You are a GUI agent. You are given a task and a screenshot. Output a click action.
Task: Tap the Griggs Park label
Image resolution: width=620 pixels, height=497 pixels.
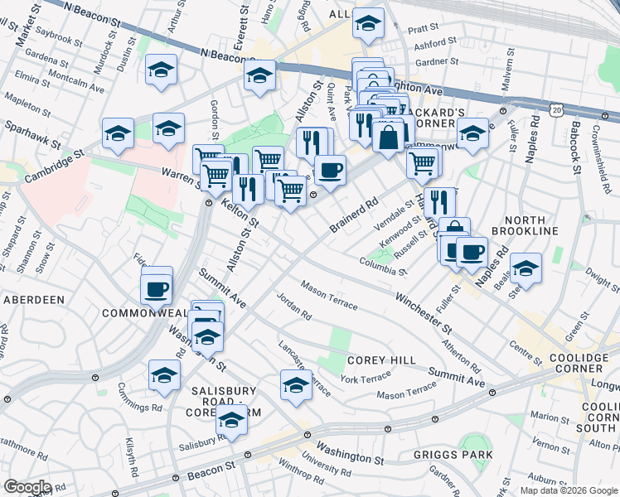pyautogui.click(x=456, y=455)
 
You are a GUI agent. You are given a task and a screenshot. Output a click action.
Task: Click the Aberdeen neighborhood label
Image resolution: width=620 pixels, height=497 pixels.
pyautogui.click(x=33, y=299)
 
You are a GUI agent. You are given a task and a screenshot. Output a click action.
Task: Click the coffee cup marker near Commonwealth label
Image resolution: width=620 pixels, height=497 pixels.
pyautogui.click(x=157, y=289)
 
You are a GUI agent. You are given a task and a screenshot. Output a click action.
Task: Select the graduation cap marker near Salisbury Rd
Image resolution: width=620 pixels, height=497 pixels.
pyautogui.click(x=232, y=420)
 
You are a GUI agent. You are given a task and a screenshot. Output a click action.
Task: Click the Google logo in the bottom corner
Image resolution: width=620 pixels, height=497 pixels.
pyautogui.click(x=27, y=486)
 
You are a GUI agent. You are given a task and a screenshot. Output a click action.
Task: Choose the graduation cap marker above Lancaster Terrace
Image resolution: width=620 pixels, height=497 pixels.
pyautogui.click(x=296, y=384)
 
